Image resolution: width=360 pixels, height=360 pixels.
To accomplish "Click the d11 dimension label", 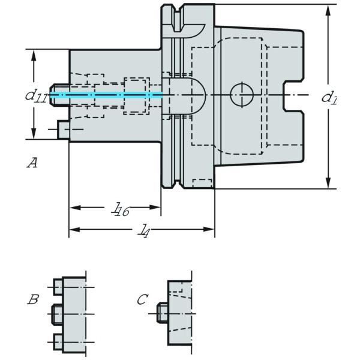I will pyautogui.click(x=35, y=96).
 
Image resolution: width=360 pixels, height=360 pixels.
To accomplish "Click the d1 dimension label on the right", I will pyautogui.click(x=329, y=97).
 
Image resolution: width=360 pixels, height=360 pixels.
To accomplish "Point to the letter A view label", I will pyautogui.click(x=33, y=162).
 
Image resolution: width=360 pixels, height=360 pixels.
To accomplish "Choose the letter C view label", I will pyautogui.click(x=142, y=299).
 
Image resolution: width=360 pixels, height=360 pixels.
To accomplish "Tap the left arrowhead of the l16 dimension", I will pyautogui.click(x=74, y=208).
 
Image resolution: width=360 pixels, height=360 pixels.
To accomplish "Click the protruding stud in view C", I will pyautogui.click(x=161, y=313).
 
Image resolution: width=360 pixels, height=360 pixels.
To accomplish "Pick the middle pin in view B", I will pyautogui.click(x=56, y=313).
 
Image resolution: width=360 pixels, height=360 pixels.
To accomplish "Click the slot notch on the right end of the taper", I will pyautogui.click(x=292, y=95).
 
